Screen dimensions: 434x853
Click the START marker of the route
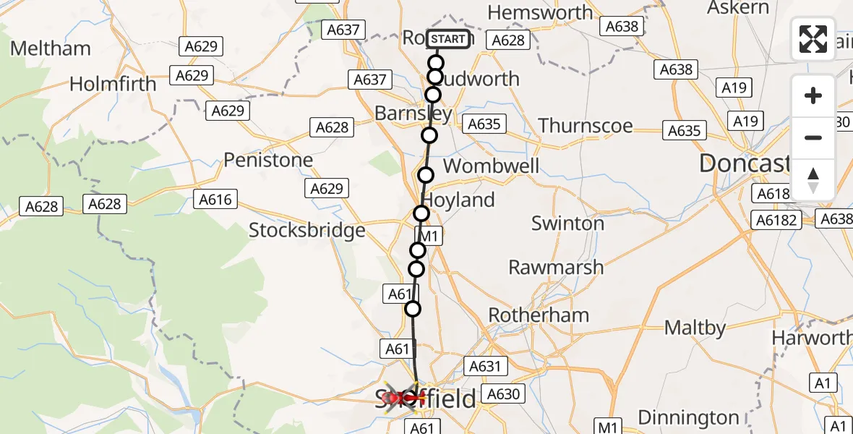448,39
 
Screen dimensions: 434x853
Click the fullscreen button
813,39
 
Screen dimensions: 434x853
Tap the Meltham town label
51,48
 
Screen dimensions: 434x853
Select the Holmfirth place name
113,84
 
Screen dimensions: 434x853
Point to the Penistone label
268,160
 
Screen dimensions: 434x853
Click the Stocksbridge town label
307,230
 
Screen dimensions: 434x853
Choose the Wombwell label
491,166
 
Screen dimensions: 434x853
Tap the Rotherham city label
539,315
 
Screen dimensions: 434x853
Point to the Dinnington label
688,418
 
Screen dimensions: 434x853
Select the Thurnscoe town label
586,126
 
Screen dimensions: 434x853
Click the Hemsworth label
536,12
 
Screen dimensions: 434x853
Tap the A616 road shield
215,200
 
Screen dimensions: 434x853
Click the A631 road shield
484,366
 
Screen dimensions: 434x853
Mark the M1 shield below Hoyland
429,236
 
